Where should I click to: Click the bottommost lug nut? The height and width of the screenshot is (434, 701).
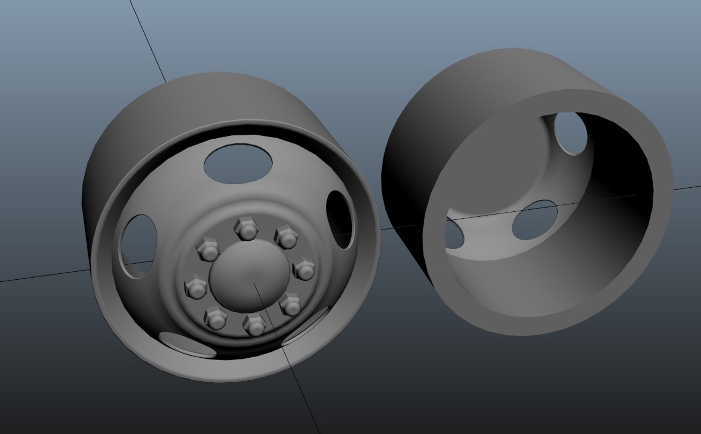coord(255,325)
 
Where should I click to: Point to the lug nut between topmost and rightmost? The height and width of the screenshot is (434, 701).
coord(286,237)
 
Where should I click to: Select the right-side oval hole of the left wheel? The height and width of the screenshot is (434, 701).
coord(340,219)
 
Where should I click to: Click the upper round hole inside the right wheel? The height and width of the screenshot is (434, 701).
coord(570,133)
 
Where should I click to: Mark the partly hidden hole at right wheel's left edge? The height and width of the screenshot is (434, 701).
coord(454,233)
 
